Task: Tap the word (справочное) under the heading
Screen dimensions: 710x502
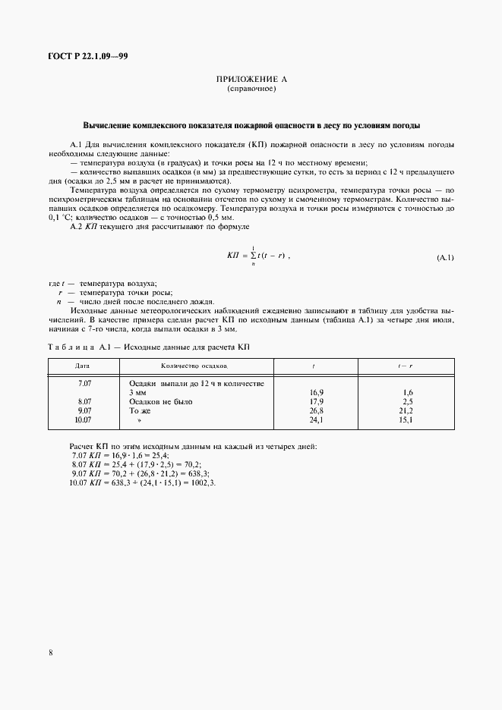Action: point(251,90)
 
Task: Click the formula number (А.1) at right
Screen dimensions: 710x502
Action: point(445,258)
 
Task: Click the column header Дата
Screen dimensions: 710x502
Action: point(83,366)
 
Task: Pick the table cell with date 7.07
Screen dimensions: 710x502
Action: point(84,384)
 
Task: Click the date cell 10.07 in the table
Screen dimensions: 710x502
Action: point(83,419)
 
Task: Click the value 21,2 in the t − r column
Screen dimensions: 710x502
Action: point(407,410)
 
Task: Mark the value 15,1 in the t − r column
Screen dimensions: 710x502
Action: point(407,419)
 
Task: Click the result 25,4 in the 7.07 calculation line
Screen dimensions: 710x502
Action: point(159,454)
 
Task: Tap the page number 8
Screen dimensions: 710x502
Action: point(50,651)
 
